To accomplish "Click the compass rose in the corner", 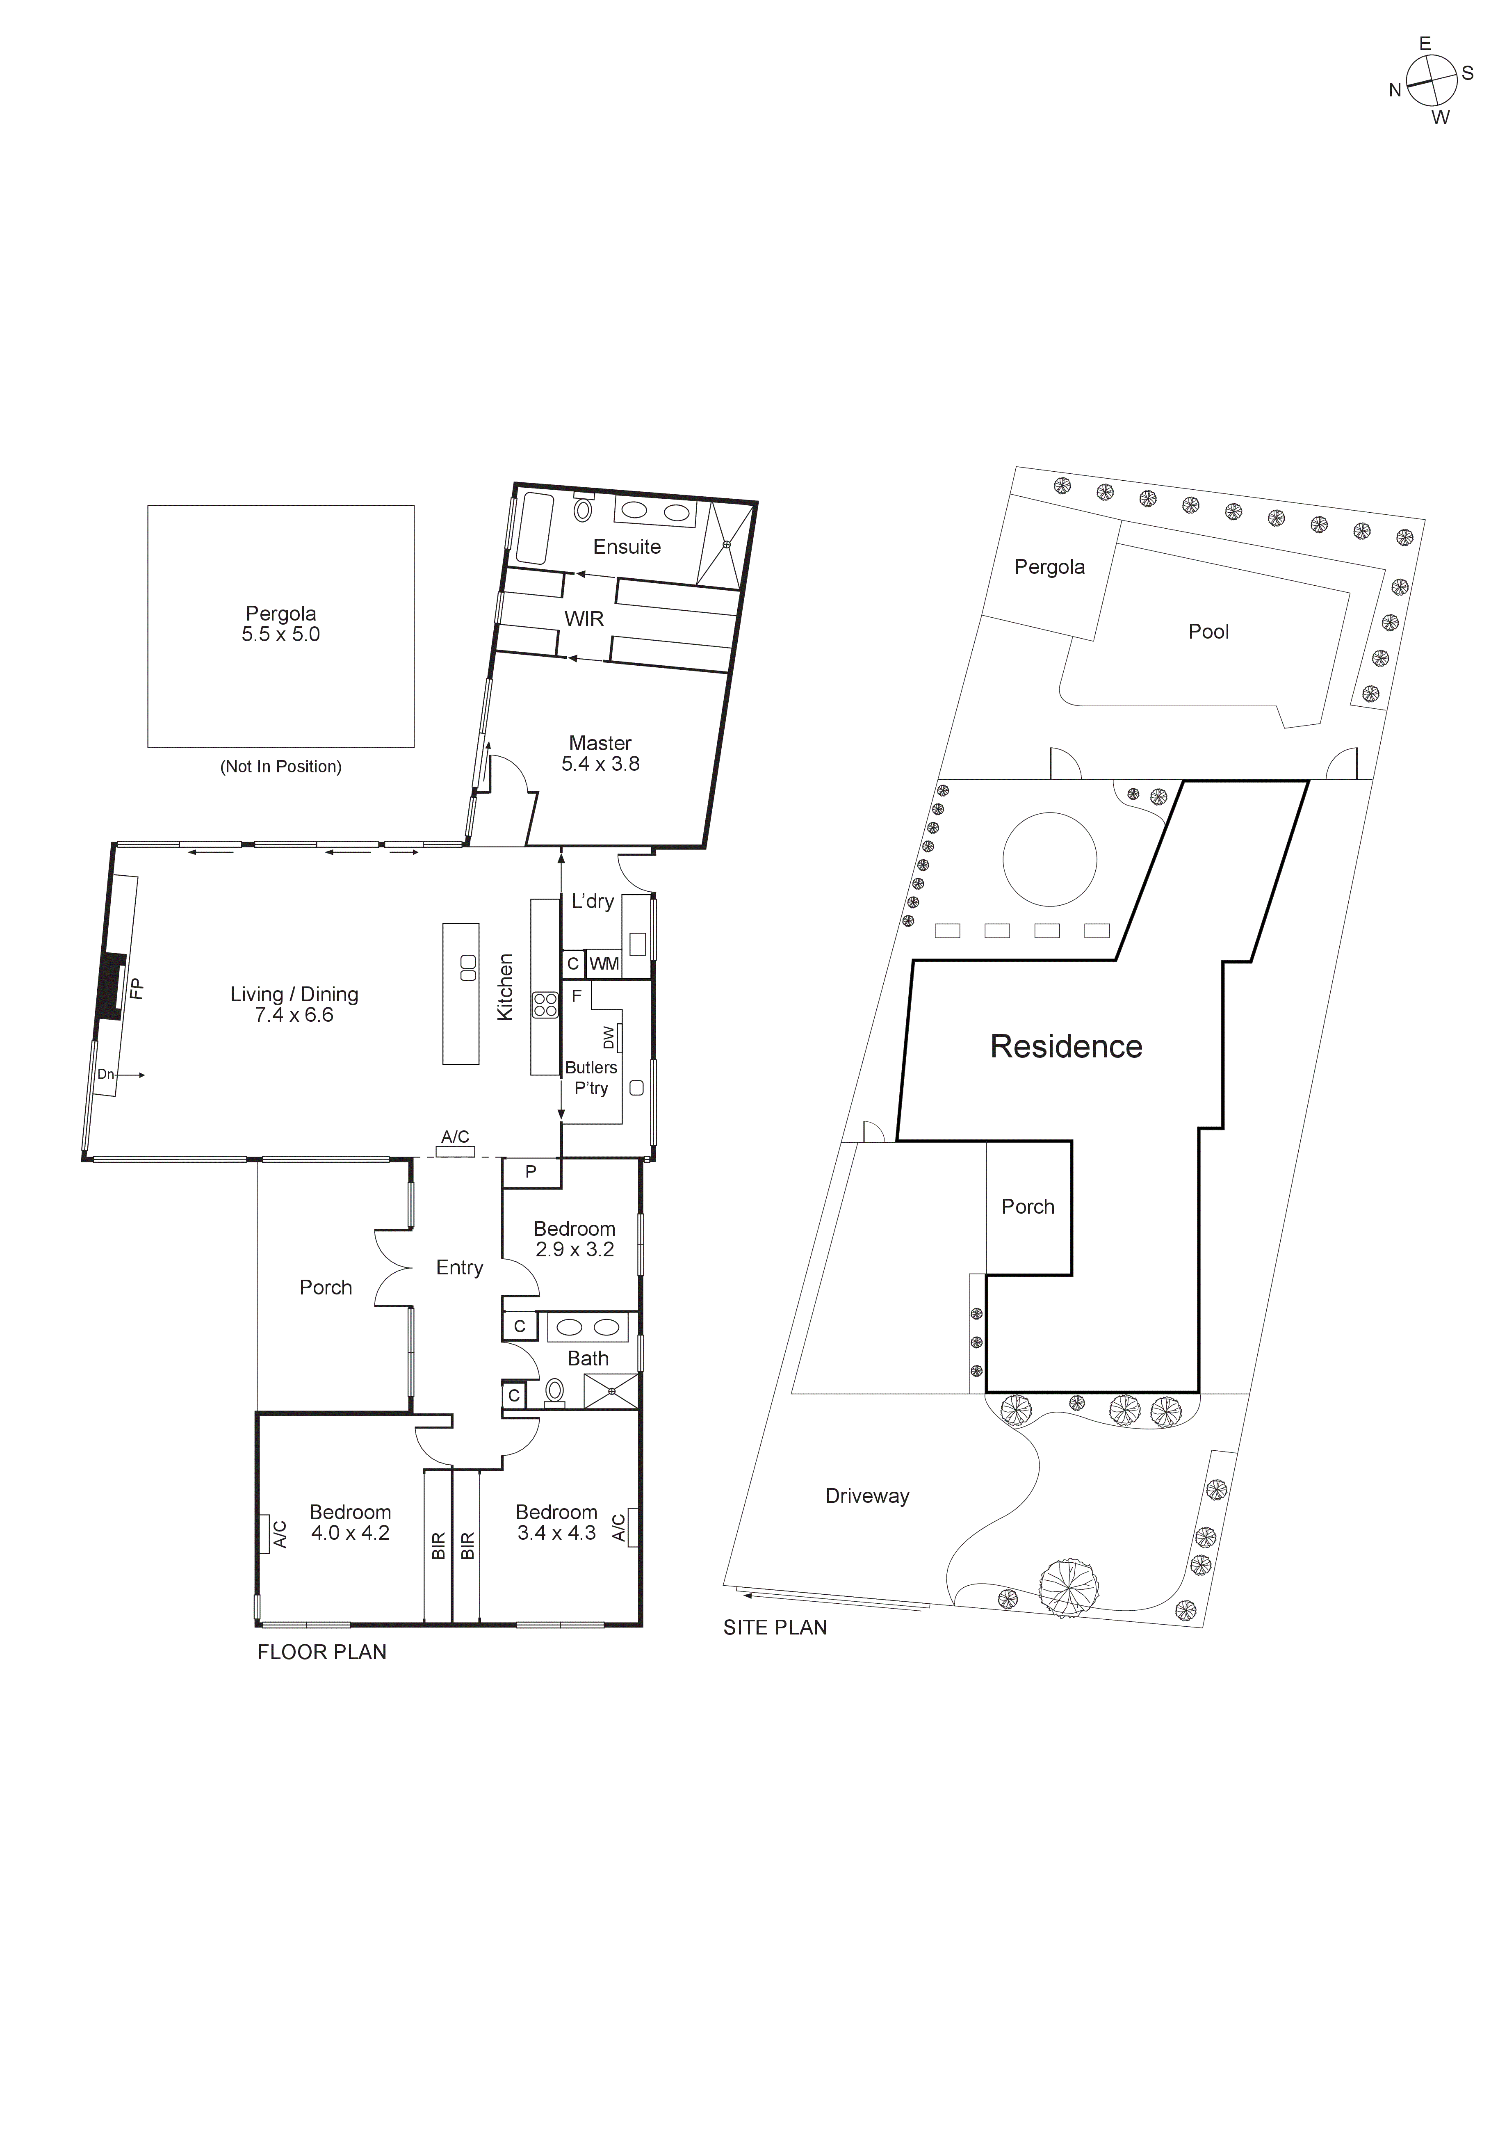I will [x=1431, y=81].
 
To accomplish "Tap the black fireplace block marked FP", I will [x=112, y=987].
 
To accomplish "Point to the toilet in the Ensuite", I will [x=583, y=509].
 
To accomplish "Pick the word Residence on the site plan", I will [x=1066, y=1046].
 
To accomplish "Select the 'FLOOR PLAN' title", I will [x=321, y=1652].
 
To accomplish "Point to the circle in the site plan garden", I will [x=1049, y=859].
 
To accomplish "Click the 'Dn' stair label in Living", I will [x=106, y=1074].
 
